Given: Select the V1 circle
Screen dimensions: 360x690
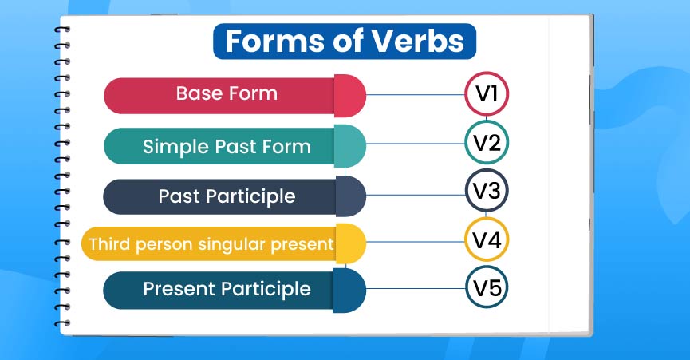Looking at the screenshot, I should coord(487,94).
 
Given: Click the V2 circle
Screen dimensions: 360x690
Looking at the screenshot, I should coord(487,144).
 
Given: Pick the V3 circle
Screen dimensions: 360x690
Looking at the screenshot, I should coord(487,192).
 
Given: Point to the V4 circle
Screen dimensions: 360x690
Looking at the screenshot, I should coord(487,239).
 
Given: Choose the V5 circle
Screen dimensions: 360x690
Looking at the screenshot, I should coord(487,287).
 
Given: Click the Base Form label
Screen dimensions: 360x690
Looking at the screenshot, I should coord(227,93).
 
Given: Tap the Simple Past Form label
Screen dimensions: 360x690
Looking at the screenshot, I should coord(227,146).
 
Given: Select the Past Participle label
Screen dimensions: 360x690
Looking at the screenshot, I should coord(227,196).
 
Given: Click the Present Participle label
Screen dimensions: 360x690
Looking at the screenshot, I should coord(227,288).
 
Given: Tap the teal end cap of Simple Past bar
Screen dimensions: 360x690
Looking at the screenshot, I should coord(349,146).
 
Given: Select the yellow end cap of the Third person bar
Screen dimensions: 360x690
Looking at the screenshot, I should coord(349,243).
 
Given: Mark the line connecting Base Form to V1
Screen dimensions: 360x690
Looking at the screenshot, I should coord(415,95).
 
